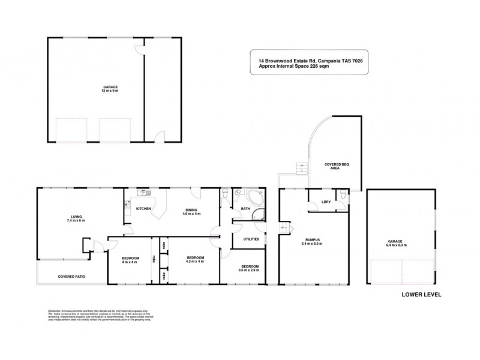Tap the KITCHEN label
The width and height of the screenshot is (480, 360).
pos(143,208)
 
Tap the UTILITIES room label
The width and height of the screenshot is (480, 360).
pos(251,238)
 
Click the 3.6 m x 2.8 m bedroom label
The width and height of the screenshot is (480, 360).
pos(250,268)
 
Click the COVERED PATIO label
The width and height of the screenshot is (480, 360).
pos(70,277)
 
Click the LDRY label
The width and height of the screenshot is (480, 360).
pos(326,202)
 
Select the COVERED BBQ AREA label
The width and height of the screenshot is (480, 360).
pos(337,166)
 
